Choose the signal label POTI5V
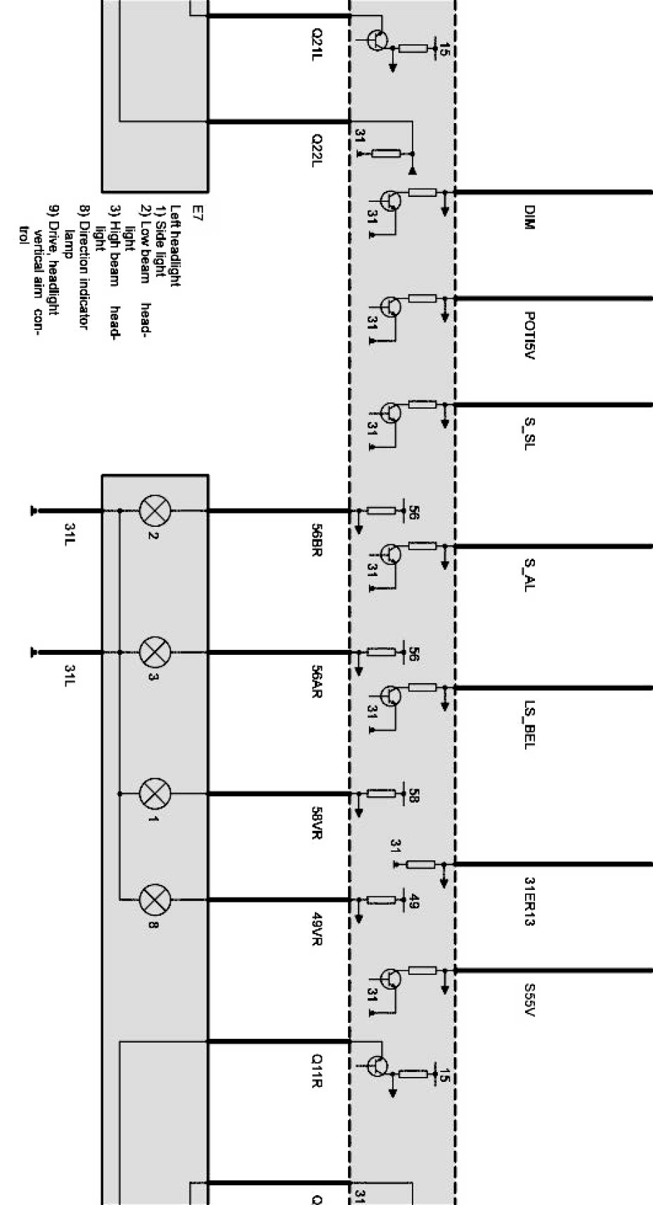click(529, 336)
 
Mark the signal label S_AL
click(529, 574)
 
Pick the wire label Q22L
click(317, 151)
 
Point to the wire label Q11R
click(317, 1071)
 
